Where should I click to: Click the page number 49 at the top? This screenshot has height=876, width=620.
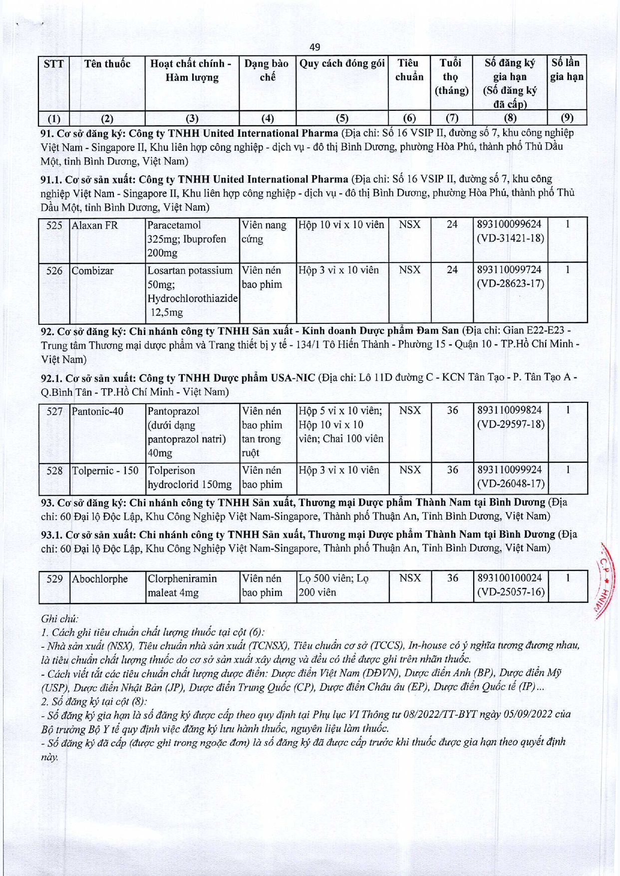coord(314,47)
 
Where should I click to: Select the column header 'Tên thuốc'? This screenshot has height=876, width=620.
coord(107,64)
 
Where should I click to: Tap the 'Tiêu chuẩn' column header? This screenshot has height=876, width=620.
coord(409,70)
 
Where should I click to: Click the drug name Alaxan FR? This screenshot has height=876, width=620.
coord(95,226)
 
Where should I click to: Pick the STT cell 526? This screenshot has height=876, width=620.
coord(54,271)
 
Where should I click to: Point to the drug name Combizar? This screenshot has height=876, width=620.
coord(92,271)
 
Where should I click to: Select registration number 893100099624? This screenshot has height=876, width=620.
coord(509,225)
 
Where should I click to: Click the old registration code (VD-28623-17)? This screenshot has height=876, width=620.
coord(510,284)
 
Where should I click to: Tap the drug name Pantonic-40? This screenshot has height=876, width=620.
coord(97,411)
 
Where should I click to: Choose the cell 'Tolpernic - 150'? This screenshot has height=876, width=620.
coord(105,471)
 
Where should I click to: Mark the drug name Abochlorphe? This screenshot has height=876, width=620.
coord(100,579)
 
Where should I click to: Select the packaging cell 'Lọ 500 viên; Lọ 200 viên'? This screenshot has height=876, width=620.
coord(333,585)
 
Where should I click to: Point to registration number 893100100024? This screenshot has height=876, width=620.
coord(509,578)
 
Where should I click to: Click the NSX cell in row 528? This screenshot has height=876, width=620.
coord(409,470)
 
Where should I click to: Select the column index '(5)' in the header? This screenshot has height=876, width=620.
coord(342,118)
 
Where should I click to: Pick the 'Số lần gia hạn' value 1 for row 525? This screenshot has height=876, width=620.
coord(567,225)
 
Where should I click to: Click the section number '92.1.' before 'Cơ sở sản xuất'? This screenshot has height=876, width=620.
coord(51,378)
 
